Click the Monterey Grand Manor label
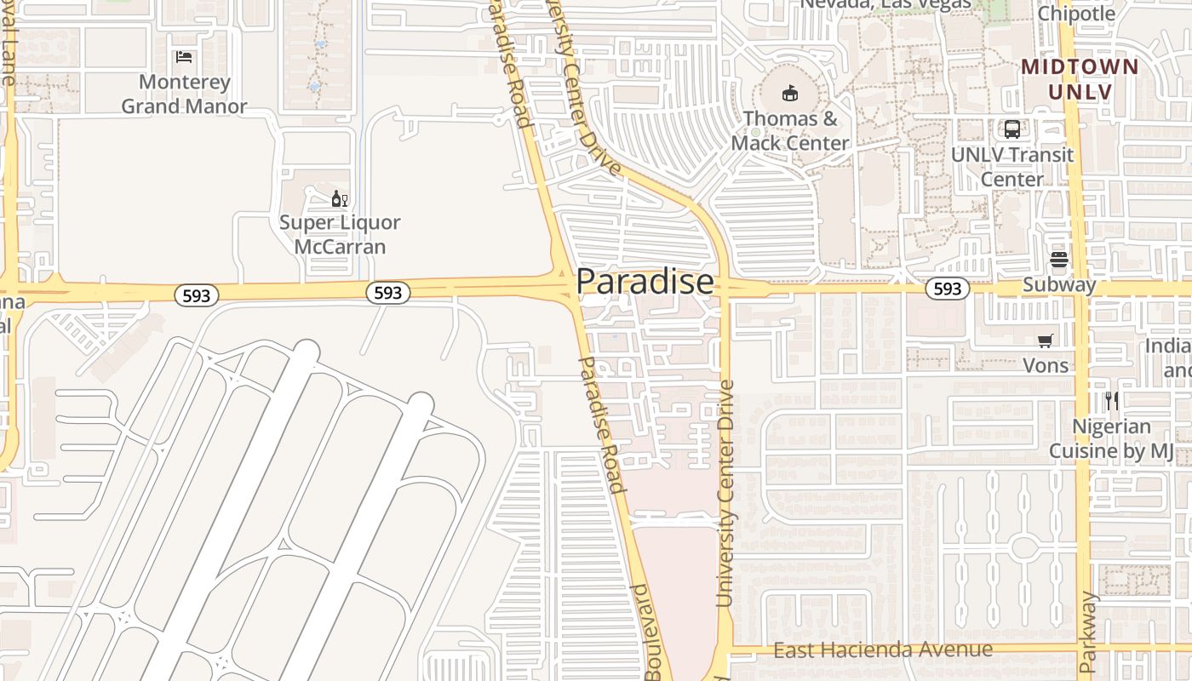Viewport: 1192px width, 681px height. pyautogui.click(x=184, y=94)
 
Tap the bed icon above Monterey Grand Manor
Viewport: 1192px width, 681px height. pyautogui.click(x=184, y=57)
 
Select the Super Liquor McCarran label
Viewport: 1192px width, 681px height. pyautogui.click(x=340, y=235)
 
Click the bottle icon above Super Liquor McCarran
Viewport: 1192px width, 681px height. pyautogui.click(x=340, y=199)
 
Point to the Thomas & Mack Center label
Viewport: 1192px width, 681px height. pyautogui.click(x=790, y=131)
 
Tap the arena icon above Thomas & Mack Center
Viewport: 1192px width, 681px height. pyautogui.click(x=790, y=93)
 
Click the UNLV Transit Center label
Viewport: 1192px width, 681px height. pyautogui.click(x=1012, y=167)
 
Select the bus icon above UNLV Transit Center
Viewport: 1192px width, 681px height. pyautogui.click(x=1012, y=129)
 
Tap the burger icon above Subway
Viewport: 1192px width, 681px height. pyautogui.click(x=1059, y=260)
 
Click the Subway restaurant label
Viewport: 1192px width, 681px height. pyautogui.click(x=1059, y=284)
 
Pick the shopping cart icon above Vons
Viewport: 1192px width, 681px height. pyautogui.click(x=1046, y=340)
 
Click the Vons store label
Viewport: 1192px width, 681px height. pyautogui.click(x=1046, y=365)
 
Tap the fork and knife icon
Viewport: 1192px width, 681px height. pyautogui.click(x=1111, y=400)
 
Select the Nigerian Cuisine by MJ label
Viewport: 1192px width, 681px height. pyautogui.click(x=1111, y=438)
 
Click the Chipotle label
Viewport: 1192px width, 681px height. pyautogui.click(x=1076, y=14)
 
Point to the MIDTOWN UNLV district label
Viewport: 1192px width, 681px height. pyautogui.click(x=1080, y=78)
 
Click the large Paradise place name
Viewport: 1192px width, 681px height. pyautogui.click(x=645, y=282)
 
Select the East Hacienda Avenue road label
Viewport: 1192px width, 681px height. pyautogui.click(x=883, y=650)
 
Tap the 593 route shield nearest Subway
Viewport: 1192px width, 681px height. pyautogui.click(x=947, y=289)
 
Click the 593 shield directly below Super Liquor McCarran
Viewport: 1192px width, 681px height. pyautogui.click(x=388, y=293)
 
